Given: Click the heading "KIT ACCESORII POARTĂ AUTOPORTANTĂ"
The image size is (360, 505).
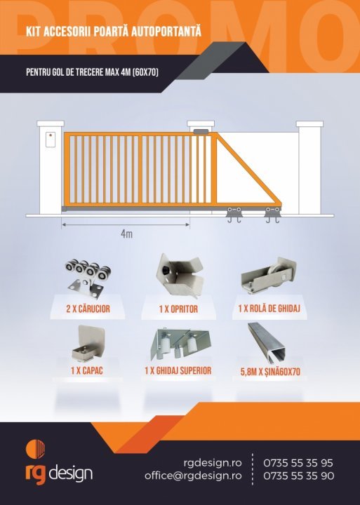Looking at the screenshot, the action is click(114, 32).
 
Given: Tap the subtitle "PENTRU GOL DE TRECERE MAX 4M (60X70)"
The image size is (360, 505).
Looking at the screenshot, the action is click(92, 72).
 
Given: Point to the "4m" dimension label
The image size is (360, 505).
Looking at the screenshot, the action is click(126, 234).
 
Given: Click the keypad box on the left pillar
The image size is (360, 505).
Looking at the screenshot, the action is click(51, 140).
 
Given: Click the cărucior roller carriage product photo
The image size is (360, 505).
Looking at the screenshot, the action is click(88, 276).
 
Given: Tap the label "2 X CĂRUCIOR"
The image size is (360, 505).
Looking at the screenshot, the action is click(88, 309).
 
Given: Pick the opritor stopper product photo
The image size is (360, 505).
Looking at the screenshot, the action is click(180, 276).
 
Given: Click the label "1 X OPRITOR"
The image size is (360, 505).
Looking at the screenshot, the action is click(178, 309).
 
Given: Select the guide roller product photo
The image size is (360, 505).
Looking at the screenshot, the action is click(269, 275).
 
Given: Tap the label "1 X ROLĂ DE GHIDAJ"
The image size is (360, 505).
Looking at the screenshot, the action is click(269, 309).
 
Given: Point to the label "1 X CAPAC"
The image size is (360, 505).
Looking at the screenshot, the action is click(87, 371).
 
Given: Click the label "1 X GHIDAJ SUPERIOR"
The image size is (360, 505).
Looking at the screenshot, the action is click(178, 370).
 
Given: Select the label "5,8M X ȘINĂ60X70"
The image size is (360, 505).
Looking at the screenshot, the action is click(270, 372).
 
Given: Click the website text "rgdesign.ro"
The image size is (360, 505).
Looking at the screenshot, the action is click(213, 463).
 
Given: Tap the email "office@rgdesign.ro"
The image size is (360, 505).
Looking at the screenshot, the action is click(193, 476).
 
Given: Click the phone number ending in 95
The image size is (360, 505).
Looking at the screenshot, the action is click(298, 463).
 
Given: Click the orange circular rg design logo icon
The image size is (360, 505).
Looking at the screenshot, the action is click(35, 447).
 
